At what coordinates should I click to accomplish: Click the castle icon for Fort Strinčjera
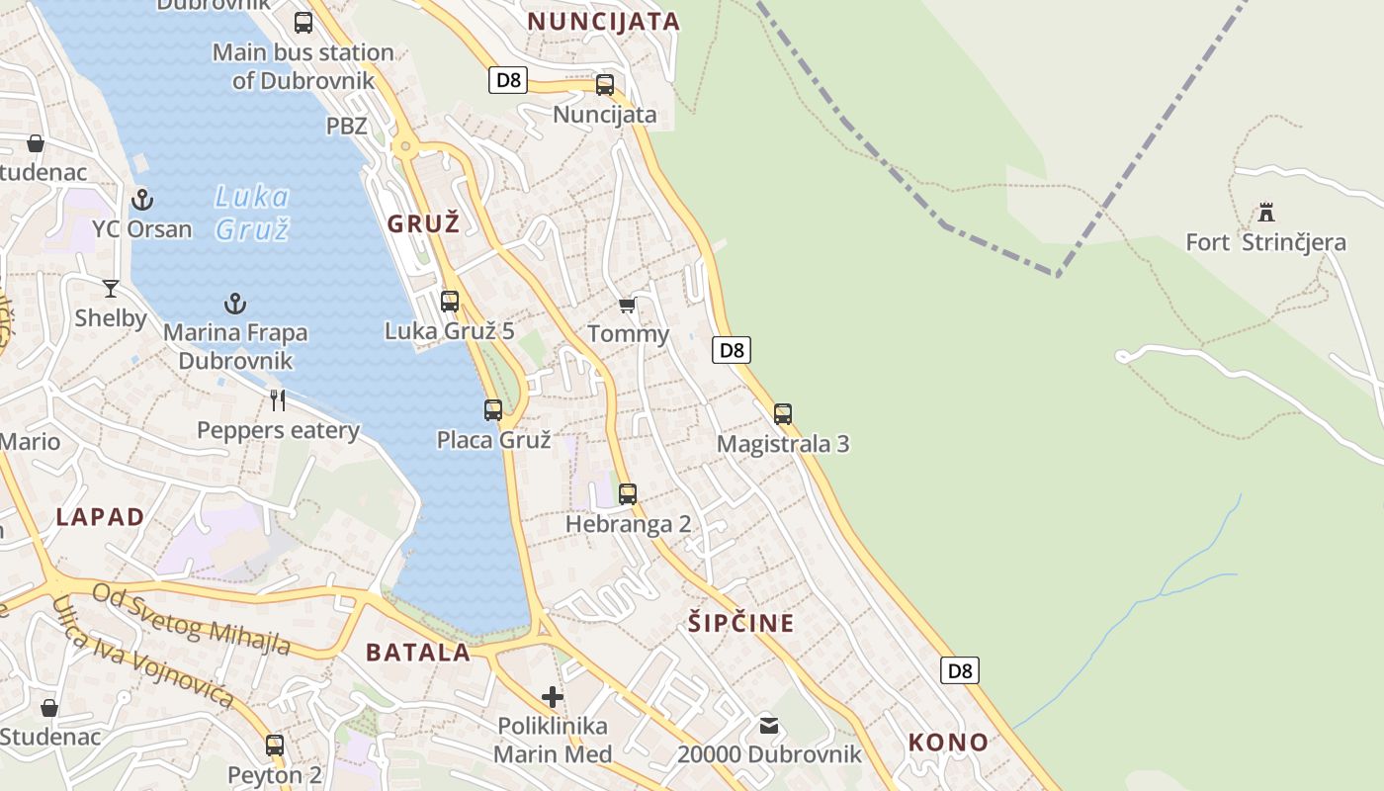(1265, 212)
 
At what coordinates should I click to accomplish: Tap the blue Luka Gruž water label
(252, 213)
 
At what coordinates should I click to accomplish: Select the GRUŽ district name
(423, 223)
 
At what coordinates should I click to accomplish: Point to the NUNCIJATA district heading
(603, 22)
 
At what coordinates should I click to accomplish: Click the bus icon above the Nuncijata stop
(605, 85)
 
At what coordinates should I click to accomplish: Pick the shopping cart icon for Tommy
(627, 306)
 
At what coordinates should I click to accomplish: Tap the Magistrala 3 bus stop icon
(783, 414)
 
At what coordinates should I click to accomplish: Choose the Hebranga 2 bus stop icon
(628, 493)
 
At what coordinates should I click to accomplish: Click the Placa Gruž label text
(493, 440)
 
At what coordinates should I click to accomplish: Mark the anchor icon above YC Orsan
(142, 200)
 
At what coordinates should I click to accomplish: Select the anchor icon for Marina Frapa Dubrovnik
(235, 304)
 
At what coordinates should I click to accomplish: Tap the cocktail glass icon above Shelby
(111, 289)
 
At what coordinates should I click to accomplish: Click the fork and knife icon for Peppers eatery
(278, 400)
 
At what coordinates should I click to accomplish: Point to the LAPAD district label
(100, 516)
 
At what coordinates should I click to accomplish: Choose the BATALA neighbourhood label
(418, 653)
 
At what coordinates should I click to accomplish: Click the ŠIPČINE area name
(740, 623)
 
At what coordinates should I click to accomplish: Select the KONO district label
(948, 743)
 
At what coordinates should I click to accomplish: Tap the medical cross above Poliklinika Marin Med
(553, 697)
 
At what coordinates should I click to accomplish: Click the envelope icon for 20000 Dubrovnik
(769, 727)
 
